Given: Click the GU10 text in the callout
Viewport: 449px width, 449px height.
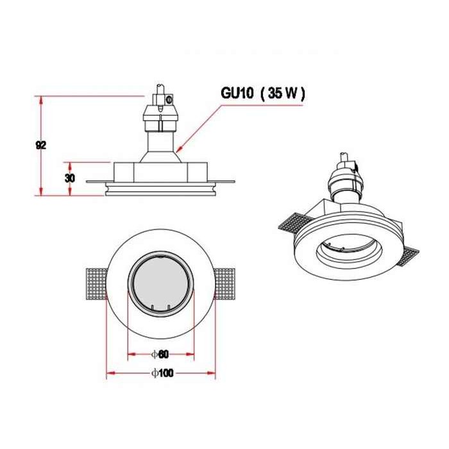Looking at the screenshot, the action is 237,93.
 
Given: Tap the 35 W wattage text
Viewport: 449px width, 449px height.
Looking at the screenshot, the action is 283,93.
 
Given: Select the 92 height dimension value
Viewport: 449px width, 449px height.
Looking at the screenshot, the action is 41,146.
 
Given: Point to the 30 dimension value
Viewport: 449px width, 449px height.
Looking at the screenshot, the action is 69,178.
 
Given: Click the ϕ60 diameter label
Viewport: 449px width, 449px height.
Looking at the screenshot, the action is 160,354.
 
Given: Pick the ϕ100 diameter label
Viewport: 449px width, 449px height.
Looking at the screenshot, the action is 162,373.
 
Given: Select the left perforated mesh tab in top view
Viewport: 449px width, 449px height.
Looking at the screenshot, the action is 97,284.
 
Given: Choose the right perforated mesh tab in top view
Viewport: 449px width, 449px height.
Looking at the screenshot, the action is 224,284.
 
